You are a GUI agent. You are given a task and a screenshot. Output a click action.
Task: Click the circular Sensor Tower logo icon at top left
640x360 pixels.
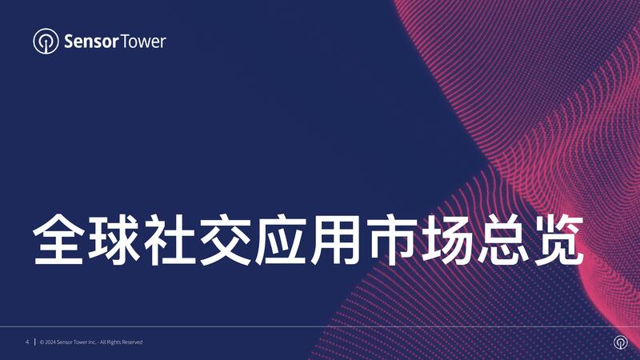click(x=46, y=42)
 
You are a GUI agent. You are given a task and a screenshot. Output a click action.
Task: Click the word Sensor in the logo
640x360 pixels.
click(x=91, y=42)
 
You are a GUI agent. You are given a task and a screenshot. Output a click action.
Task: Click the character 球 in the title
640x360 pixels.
click(x=114, y=239)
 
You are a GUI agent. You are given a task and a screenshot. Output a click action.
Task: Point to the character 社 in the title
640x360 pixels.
click(x=170, y=239)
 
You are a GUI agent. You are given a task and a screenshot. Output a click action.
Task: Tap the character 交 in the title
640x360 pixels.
click(x=226, y=239)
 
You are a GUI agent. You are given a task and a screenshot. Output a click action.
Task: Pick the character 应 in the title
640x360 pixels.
click(x=282, y=239)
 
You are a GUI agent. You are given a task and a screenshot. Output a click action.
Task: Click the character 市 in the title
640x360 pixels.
click(x=393, y=239)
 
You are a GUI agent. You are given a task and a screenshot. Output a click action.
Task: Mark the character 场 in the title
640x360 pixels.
click(x=448, y=239)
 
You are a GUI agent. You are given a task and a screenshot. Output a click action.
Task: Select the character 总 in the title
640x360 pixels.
click(x=504, y=239)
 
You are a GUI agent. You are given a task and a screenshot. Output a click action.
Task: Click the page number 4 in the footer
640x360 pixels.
click(x=27, y=342)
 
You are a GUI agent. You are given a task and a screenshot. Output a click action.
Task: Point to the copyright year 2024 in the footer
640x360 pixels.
click(x=50, y=342)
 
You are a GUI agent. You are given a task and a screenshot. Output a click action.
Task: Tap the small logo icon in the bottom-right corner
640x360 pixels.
click(x=621, y=342)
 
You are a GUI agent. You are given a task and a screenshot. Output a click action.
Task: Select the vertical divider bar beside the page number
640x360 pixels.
click(x=34, y=342)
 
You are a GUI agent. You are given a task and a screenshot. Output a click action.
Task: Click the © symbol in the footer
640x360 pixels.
click(x=42, y=342)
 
